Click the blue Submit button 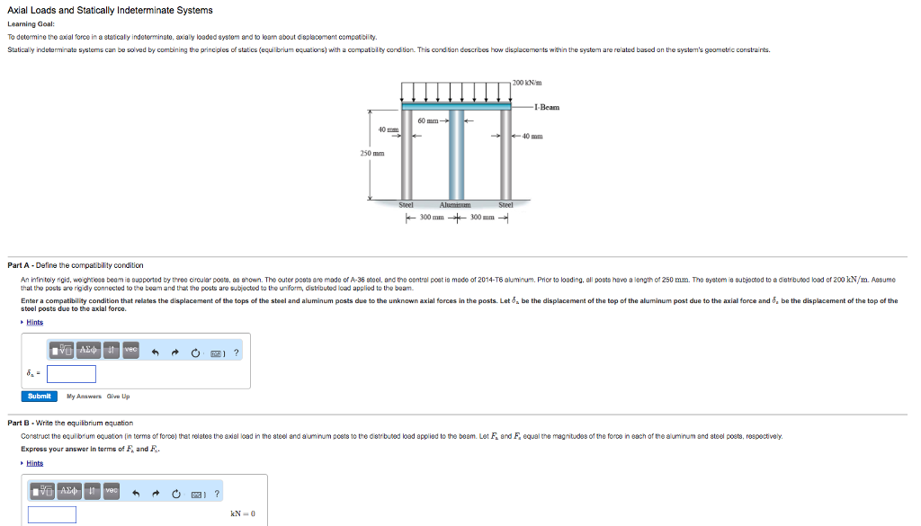coord(40,396)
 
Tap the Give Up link coord(118,397)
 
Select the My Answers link coord(85,397)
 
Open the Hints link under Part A coord(34,322)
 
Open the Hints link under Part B coord(34,463)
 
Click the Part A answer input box coord(72,373)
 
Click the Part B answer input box coord(52,514)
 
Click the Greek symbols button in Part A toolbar coord(89,350)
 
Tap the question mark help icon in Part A coord(237,352)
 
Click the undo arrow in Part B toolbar coord(137,493)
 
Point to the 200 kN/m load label coord(527,83)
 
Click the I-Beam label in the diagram coord(546,107)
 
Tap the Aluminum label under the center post coord(454,205)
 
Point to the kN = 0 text coord(243,513)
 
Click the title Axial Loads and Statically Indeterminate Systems coord(110,10)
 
